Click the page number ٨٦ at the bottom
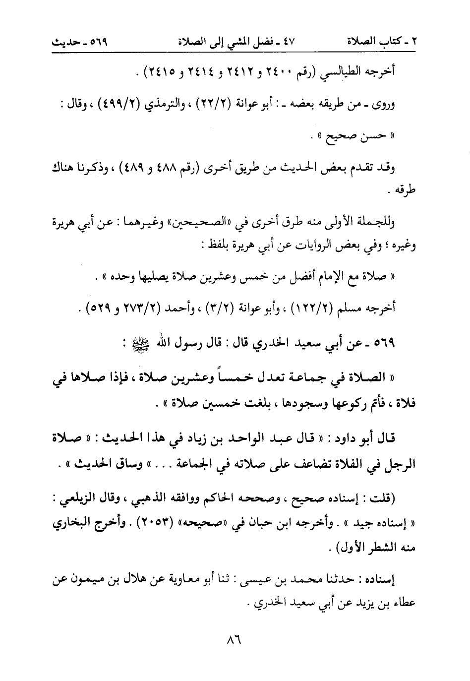coord(233,639)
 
